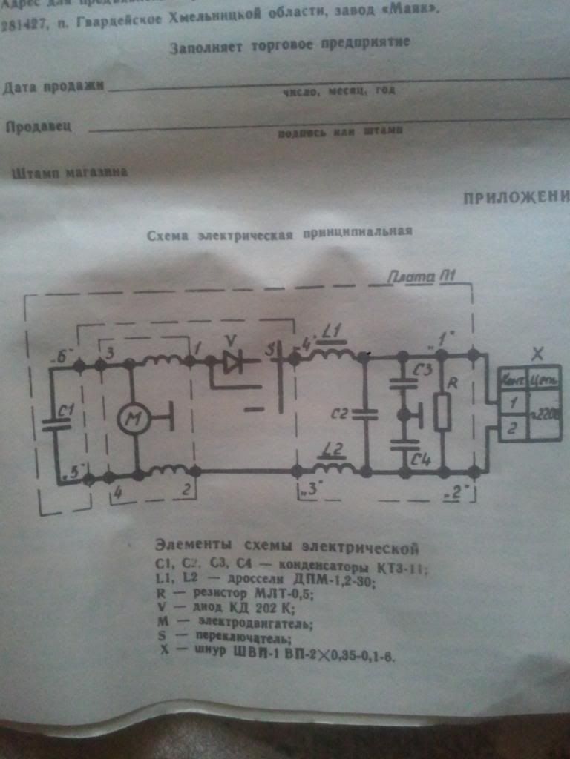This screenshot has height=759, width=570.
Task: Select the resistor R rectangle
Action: pos(442,413)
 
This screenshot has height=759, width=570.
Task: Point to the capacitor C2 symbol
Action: pos(364,414)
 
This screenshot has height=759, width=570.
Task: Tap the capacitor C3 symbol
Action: pos(404,385)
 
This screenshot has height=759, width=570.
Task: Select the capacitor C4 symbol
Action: pos(404,445)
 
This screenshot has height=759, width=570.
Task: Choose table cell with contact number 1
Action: pos(512,403)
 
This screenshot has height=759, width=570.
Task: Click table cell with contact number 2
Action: pos(512,428)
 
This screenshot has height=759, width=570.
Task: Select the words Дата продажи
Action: pos(53,87)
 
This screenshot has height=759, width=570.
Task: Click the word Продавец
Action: pos(39,126)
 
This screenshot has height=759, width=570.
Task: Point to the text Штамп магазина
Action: pos(70,172)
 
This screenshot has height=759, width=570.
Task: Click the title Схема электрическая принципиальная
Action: pos(275,231)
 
